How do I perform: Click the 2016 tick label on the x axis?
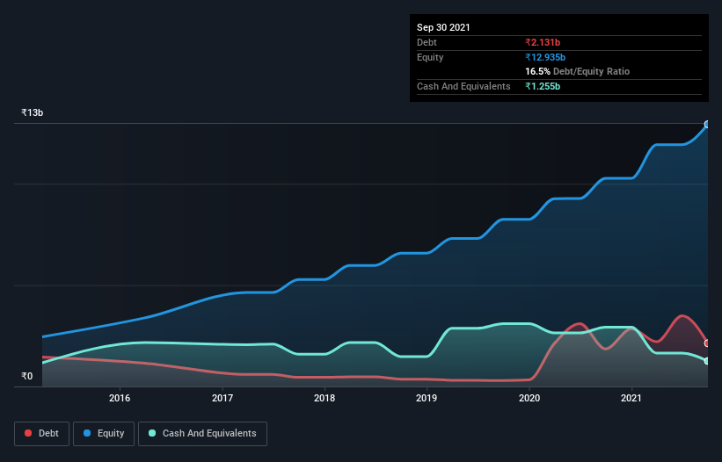[120, 398]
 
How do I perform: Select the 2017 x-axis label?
[222, 398]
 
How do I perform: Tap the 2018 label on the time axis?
[325, 398]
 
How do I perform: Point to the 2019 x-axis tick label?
[427, 398]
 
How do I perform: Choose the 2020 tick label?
[529, 398]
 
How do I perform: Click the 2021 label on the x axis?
[631, 398]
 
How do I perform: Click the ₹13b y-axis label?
[33, 113]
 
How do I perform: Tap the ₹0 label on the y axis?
[27, 377]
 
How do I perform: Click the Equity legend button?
[104, 433]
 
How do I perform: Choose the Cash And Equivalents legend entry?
[201, 433]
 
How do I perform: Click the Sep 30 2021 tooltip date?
[443, 27]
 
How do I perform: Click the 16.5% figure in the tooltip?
[537, 71]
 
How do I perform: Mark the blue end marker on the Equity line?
[706, 125]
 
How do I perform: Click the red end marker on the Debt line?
[706, 343]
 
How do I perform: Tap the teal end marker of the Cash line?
[706, 361]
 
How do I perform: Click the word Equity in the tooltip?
[430, 57]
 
